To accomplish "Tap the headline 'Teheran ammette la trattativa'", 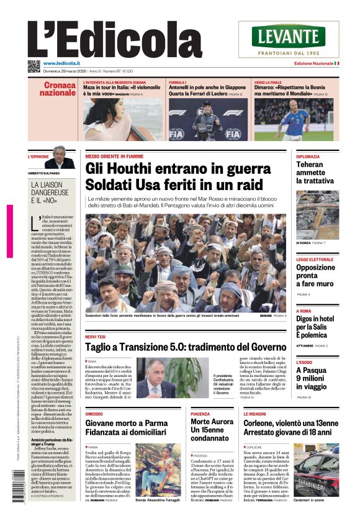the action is (317, 173).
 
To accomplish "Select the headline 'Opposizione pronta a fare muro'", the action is (315, 275).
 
